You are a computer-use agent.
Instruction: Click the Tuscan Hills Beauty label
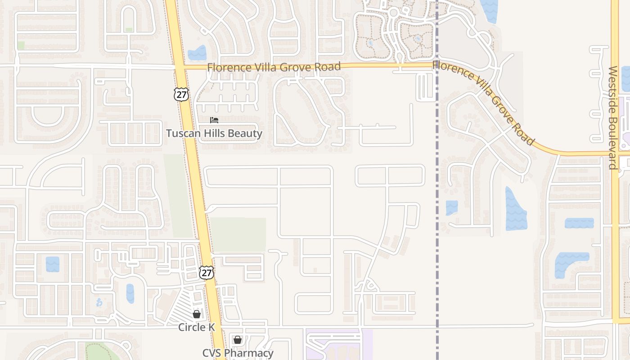pos(214,133)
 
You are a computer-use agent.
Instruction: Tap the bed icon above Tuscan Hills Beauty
pos(214,120)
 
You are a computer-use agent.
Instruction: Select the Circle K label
pos(197,327)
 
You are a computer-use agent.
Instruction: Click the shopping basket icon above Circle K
pos(197,314)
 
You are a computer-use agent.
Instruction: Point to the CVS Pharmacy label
pos(238,353)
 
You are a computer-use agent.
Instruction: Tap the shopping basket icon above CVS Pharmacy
pos(237,340)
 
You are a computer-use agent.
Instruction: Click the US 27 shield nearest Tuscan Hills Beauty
pos(181,94)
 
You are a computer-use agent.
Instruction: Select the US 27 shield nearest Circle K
pos(206,272)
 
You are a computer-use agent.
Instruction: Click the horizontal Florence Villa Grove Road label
pos(274,67)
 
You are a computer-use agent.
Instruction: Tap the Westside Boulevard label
pos(612,118)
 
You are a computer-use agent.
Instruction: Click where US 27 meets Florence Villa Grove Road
pos(180,67)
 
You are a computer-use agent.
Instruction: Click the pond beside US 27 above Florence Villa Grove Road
pos(197,53)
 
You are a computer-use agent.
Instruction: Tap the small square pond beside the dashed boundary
pos(452,207)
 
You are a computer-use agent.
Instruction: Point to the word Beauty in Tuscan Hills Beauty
pos(245,133)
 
